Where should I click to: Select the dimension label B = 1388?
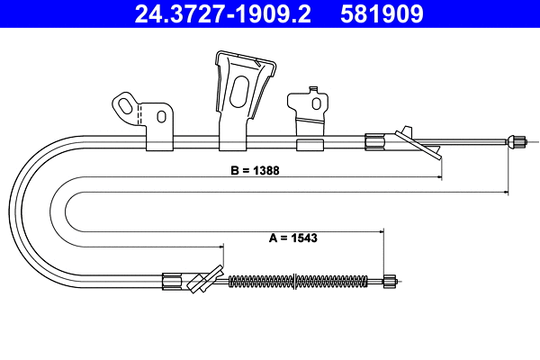point(249,169)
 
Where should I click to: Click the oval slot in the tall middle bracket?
point(240,95)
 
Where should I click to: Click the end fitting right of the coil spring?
point(389,281)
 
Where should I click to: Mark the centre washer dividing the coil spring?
point(298,281)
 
